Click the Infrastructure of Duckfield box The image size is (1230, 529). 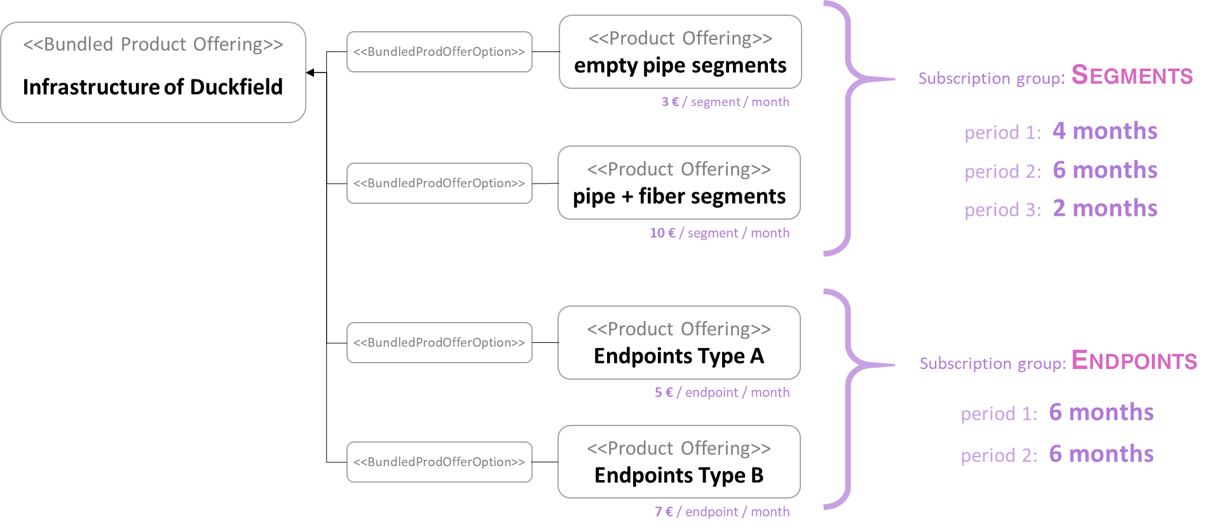153,72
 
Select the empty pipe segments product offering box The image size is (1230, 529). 680,52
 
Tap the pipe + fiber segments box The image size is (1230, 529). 679,183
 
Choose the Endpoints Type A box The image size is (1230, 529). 679,343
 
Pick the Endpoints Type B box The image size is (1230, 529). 679,462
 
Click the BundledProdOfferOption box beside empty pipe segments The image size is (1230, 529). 439,52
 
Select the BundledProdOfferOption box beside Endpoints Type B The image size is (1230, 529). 439,462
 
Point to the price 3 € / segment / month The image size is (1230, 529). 725,102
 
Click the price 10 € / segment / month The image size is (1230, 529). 720,233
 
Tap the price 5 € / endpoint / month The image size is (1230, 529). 722,392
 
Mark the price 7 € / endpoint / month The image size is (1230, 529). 722,512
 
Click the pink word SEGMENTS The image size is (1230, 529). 1132,76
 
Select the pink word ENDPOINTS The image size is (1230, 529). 1134,361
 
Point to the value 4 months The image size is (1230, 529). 1105,131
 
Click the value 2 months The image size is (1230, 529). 1105,208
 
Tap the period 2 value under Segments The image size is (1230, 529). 1105,170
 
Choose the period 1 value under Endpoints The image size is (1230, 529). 1101,412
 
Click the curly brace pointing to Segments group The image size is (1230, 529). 852,127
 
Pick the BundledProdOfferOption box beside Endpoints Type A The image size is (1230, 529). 439,343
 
